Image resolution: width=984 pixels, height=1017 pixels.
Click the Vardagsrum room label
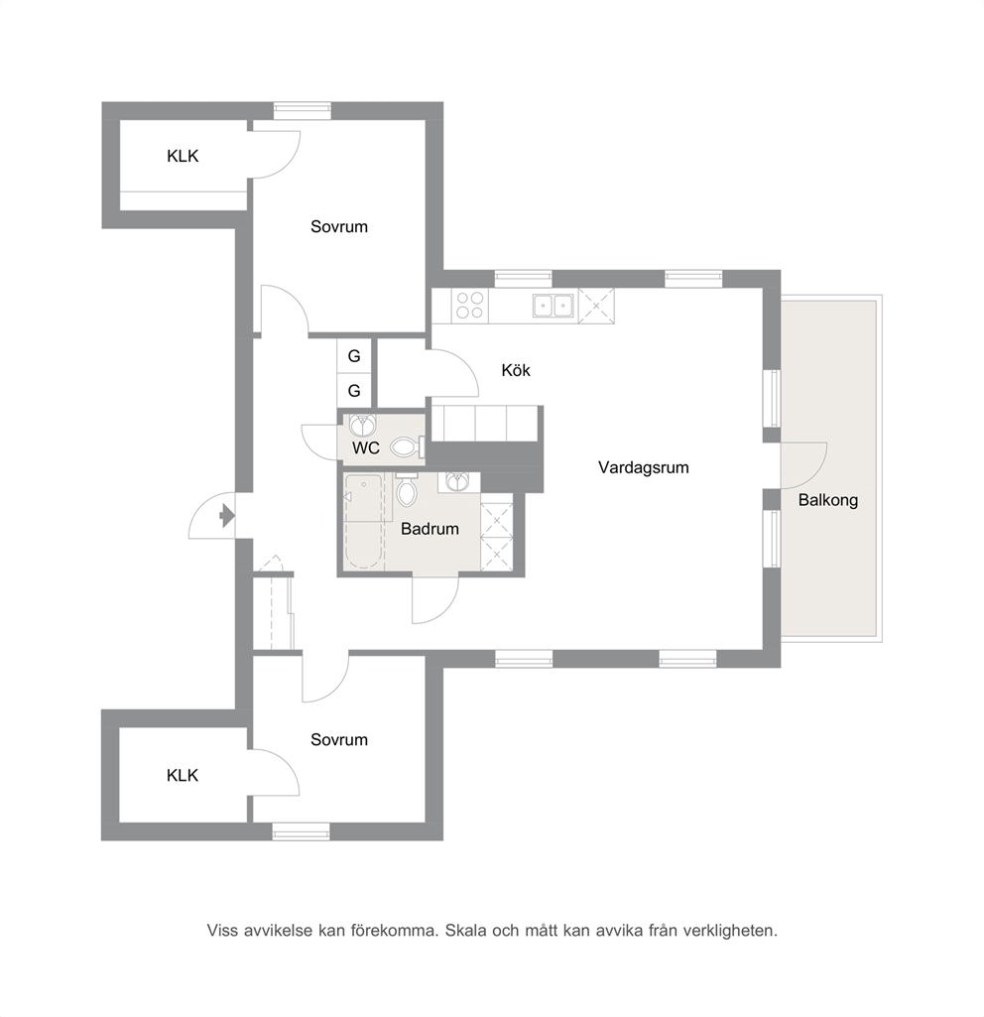(x=643, y=467)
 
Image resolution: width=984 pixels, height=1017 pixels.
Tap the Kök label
(x=516, y=370)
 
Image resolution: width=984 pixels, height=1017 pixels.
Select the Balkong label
(x=828, y=501)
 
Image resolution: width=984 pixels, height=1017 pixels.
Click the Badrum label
(x=430, y=529)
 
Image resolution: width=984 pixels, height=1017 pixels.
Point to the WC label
(x=366, y=447)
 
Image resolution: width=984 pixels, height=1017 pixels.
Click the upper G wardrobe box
(x=354, y=355)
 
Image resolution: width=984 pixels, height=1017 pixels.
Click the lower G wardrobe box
(x=354, y=391)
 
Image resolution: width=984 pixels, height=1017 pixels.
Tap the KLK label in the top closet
(x=183, y=157)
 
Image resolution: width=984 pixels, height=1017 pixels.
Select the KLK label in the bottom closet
(x=183, y=776)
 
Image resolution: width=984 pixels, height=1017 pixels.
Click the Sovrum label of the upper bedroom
(x=339, y=227)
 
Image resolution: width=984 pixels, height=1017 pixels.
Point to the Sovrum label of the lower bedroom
(x=339, y=740)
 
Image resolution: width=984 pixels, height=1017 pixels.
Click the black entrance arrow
(x=227, y=516)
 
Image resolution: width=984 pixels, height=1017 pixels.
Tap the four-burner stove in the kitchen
(x=470, y=305)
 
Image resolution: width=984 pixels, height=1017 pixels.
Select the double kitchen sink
(x=553, y=305)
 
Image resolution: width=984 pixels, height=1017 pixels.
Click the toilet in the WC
(x=407, y=446)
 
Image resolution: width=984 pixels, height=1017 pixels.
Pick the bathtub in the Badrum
(x=364, y=522)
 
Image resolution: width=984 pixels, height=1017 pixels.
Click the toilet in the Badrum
(x=407, y=490)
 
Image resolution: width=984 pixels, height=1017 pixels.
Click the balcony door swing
(x=803, y=465)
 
